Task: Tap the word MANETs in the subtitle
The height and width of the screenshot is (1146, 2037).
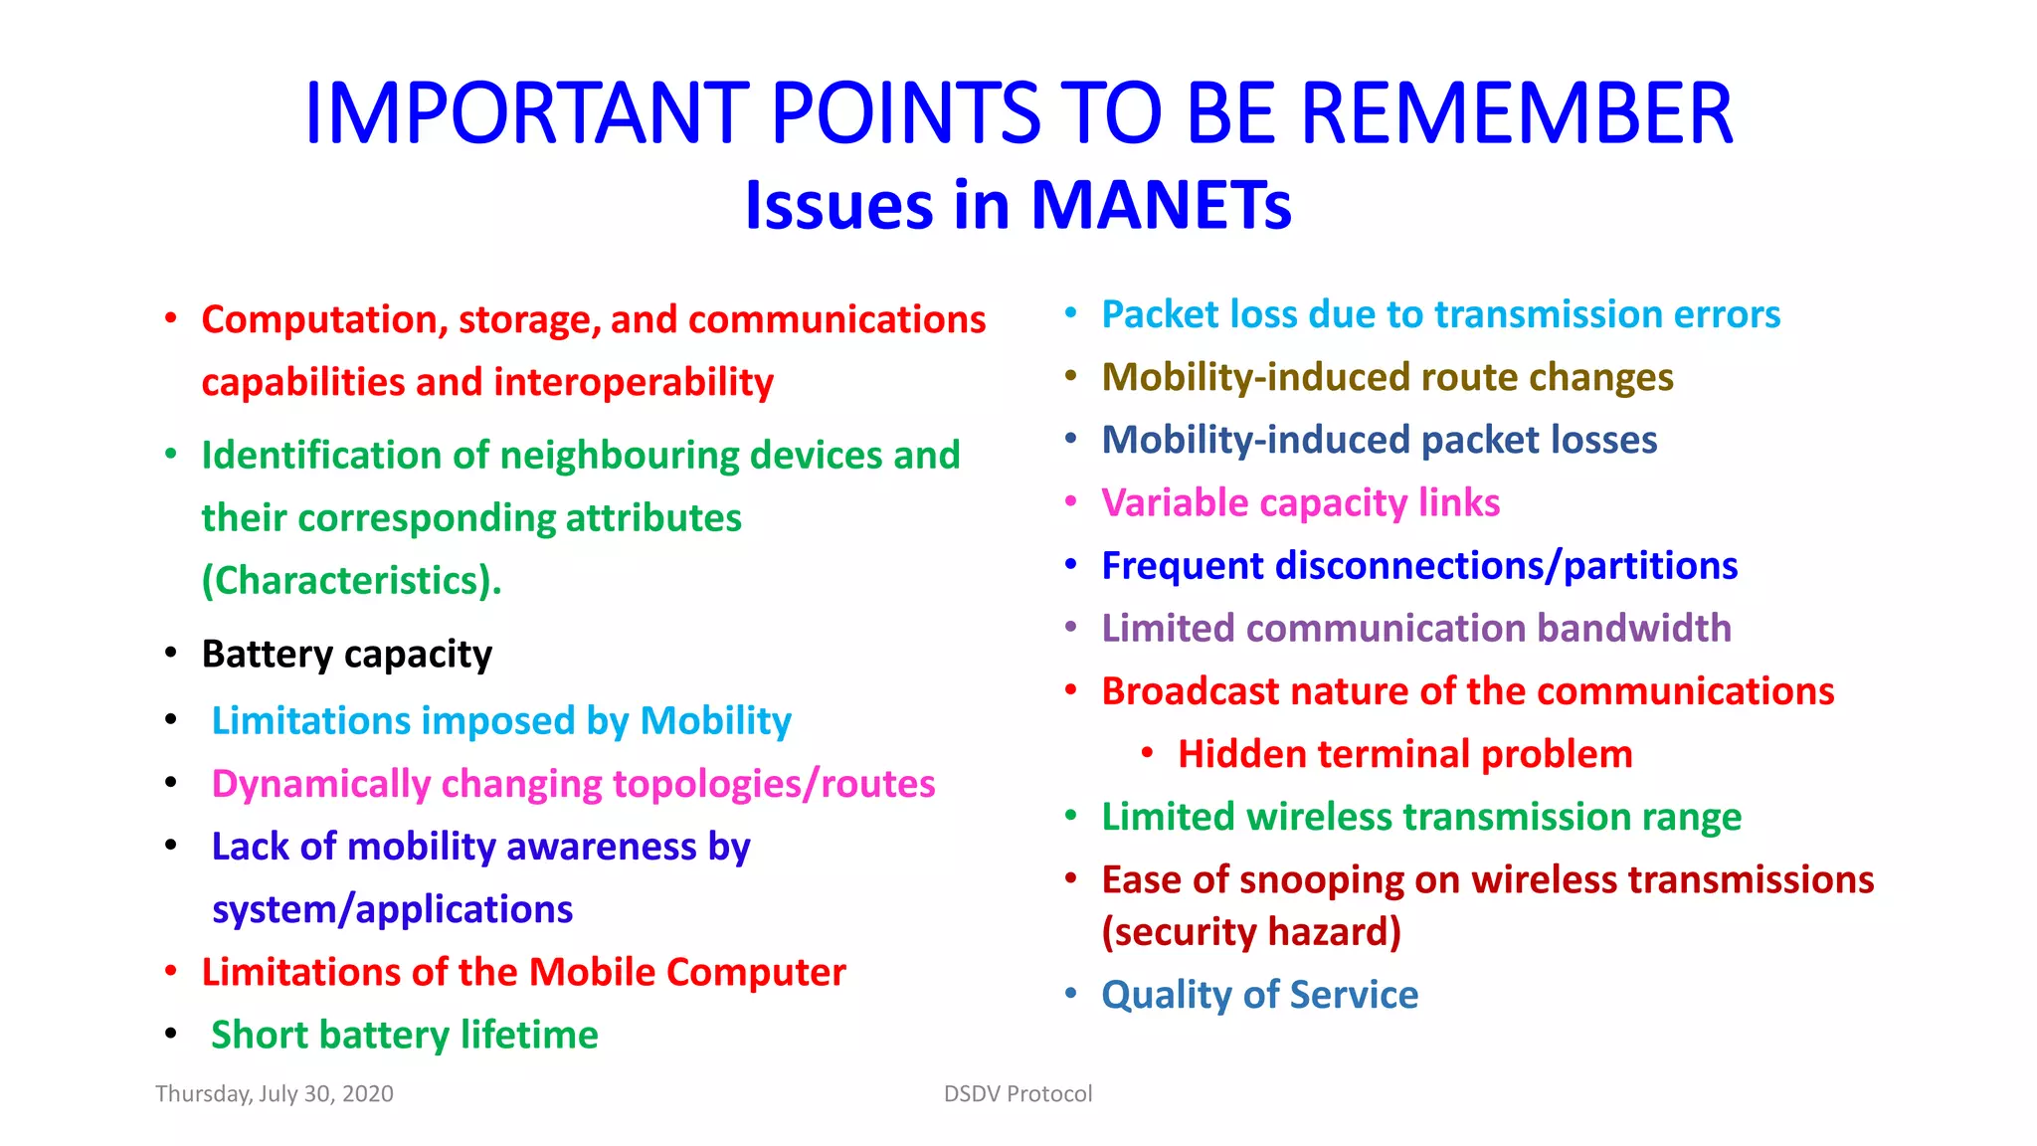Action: click(1161, 206)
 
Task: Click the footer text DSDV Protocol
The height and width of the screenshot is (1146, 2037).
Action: click(1018, 1093)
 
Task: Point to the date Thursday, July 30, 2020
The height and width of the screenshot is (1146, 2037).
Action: click(275, 1093)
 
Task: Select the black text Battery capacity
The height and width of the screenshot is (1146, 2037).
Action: click(346, 655)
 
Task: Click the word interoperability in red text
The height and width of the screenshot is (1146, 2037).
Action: click(634, 382)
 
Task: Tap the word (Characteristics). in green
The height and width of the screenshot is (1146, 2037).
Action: click(351, 581)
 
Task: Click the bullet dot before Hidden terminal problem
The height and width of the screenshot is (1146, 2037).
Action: click(1147, 753)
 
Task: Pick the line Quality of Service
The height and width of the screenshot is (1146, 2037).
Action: click(1259, 995)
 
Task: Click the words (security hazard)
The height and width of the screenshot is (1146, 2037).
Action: click(1251, 932)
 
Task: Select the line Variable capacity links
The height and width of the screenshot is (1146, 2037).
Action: click(1300, 503)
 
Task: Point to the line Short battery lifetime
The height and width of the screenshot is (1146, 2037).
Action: click(404, 1036)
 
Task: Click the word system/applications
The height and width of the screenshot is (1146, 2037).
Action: click(392, 909)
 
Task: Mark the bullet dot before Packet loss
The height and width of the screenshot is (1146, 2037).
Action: click(1071, 313)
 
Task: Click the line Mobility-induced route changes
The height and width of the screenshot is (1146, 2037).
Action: click(1387, 378)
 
